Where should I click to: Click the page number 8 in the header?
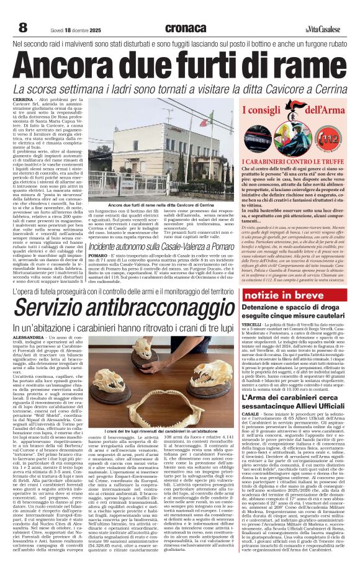(x=23, y=27)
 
